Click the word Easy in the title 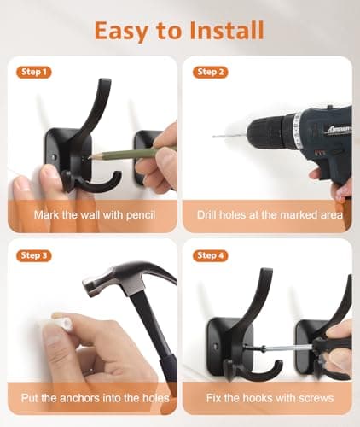pyautogui.click(x=125, y=31)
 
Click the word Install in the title pyautogui.click(x=225, y=31)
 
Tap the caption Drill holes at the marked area pyautogui.click(x=269, y=215)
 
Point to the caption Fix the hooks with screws pyautogui.click(x=269, y=398)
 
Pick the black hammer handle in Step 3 pyautogui.click(x=167, y=350)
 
